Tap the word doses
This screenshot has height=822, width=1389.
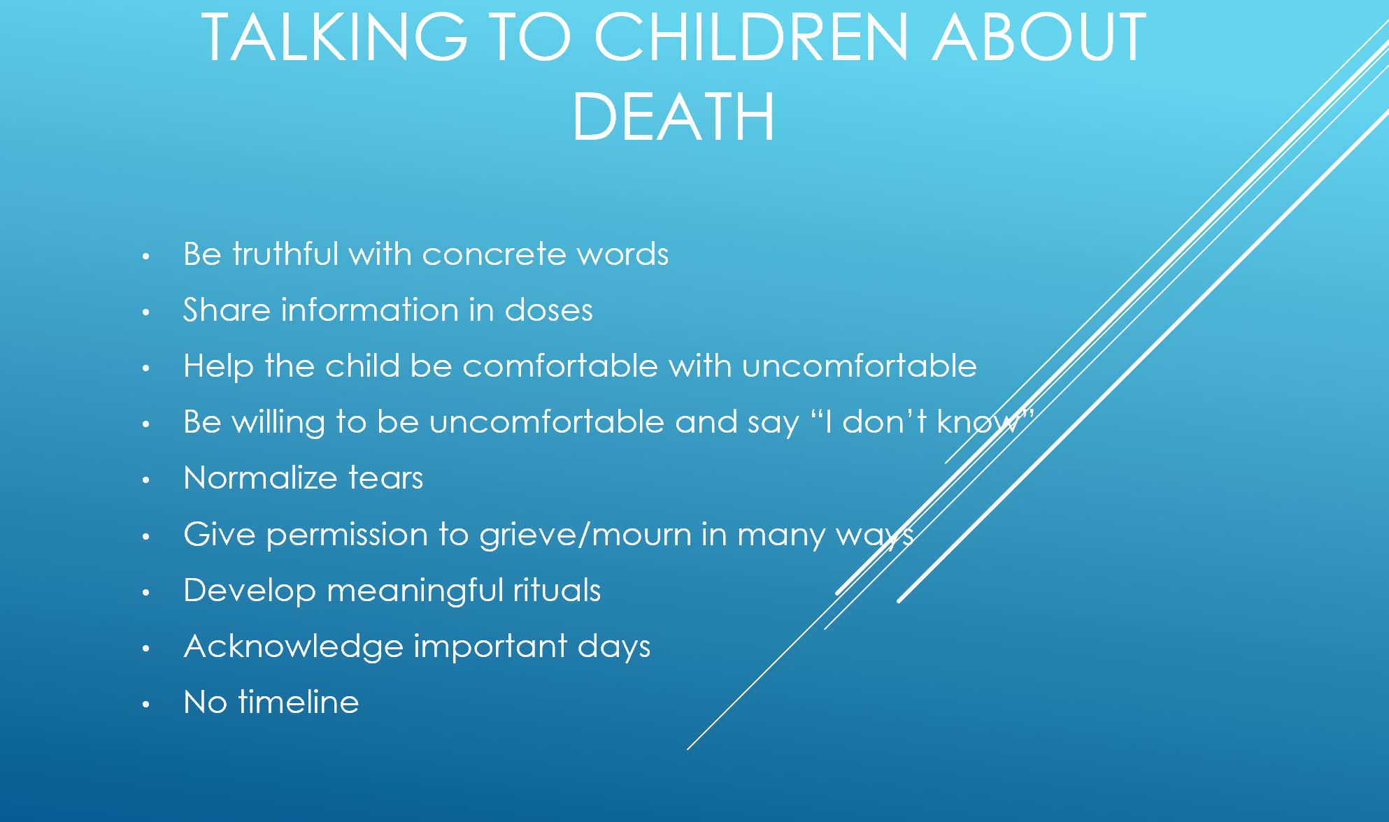(548, 310)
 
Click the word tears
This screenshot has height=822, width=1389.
(385, 479)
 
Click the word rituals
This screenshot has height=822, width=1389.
(557, 590)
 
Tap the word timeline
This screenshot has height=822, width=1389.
(299, 702)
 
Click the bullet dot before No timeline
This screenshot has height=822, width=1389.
(145, 705)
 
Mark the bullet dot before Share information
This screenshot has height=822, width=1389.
(145, 312)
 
